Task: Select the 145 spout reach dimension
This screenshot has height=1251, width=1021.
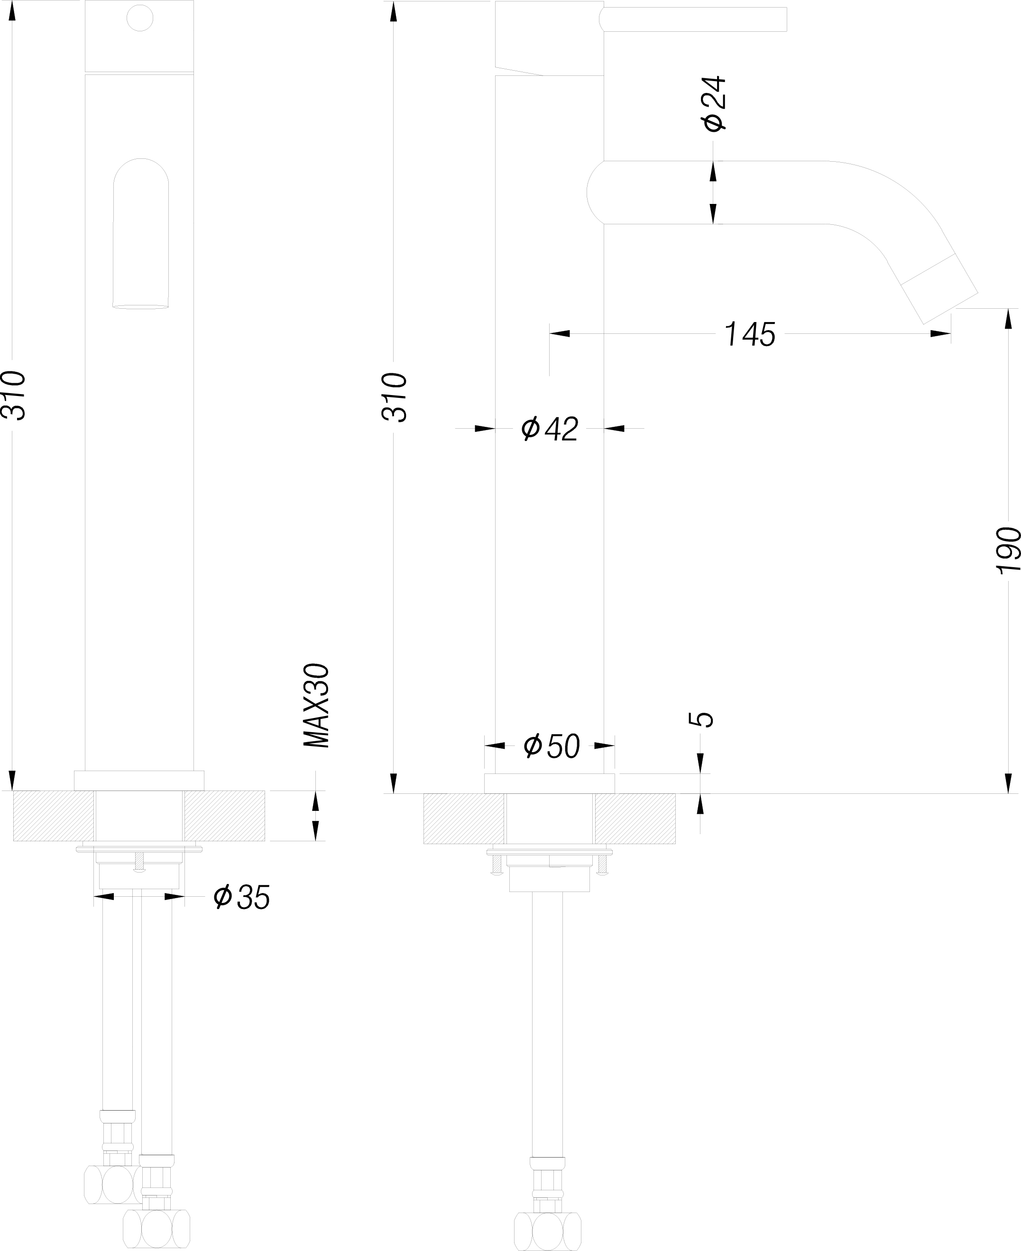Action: (750, 334)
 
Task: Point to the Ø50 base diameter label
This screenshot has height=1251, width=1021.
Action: (552, 746)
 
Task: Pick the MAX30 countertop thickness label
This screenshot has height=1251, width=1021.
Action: (316, 706)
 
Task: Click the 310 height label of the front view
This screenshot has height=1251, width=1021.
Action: (13, 395)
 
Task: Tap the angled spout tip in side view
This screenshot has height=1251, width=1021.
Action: (940, 289)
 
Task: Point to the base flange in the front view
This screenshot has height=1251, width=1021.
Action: (139, 781)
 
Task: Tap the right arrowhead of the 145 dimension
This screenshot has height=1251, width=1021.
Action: (941, 334)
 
